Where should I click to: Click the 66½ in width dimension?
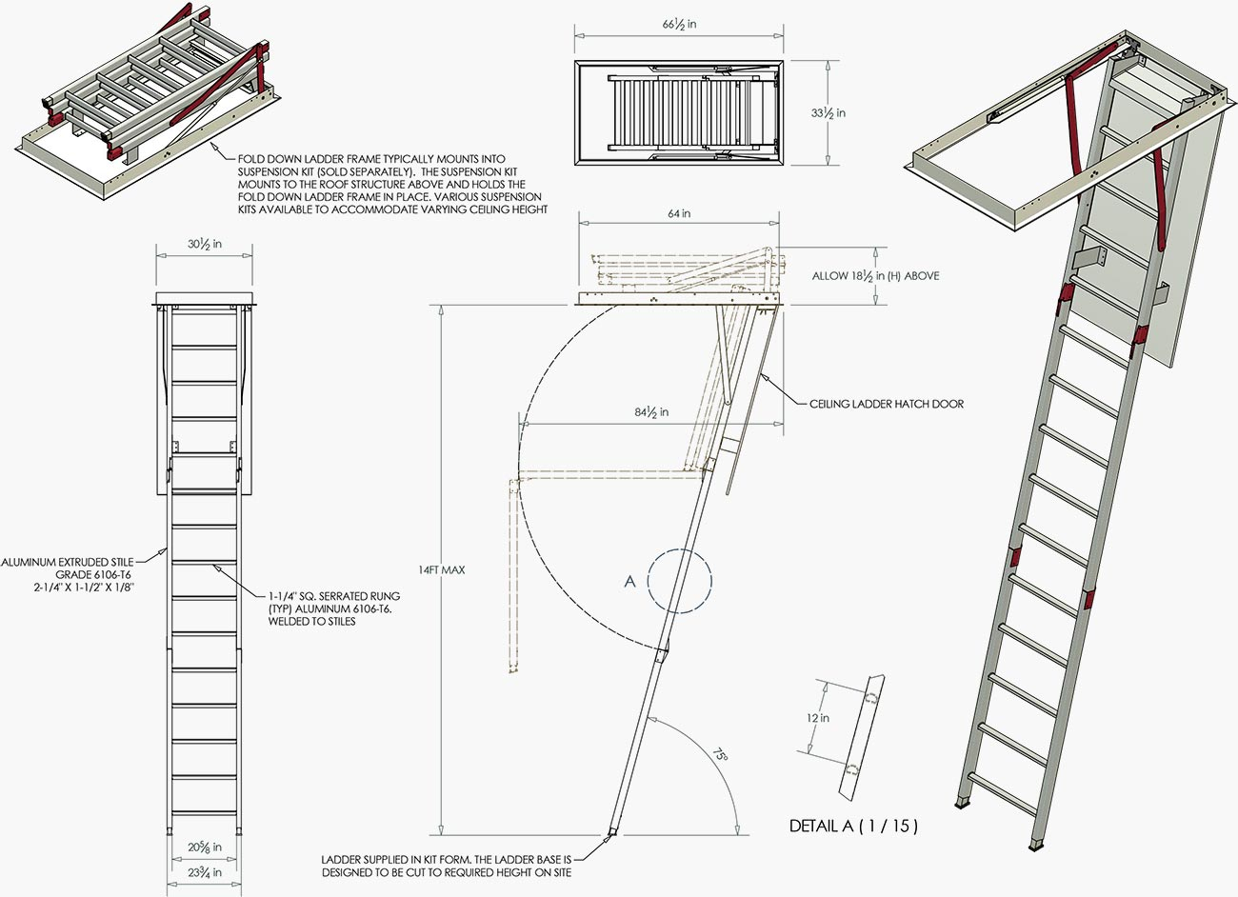pyautogui.click(x=680, y=24)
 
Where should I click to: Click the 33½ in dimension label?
pyautogui.click(x=828, y=113)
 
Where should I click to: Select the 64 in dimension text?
pyautogui.click(x=679, y=214)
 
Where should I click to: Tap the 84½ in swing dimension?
pyautogui.click(x=651, y=412)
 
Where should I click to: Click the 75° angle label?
pyautogui.click(x=721, y=754)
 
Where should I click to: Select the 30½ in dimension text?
pyautogui.click(x=205, y=244)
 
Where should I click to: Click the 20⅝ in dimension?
pyautogui.click(x=205, y=847)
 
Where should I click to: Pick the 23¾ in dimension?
pyautogui.click(x=205, y=871)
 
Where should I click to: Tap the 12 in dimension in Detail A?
pyautogui.click(x=817, y=718)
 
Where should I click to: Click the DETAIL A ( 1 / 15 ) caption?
pyautogui.click(x=853, y=826)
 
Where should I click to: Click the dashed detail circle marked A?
pyautogui.click(x=679, y=579)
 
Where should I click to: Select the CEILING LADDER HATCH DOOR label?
pyautogui.click(x=886, y=404)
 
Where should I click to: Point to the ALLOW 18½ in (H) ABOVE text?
pyautogui.click(x=875, y=276)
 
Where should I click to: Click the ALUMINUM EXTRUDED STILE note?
pyautogui.click(x=69, y=575)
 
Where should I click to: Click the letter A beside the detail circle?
pyautogui.click(x=629, y=581)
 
